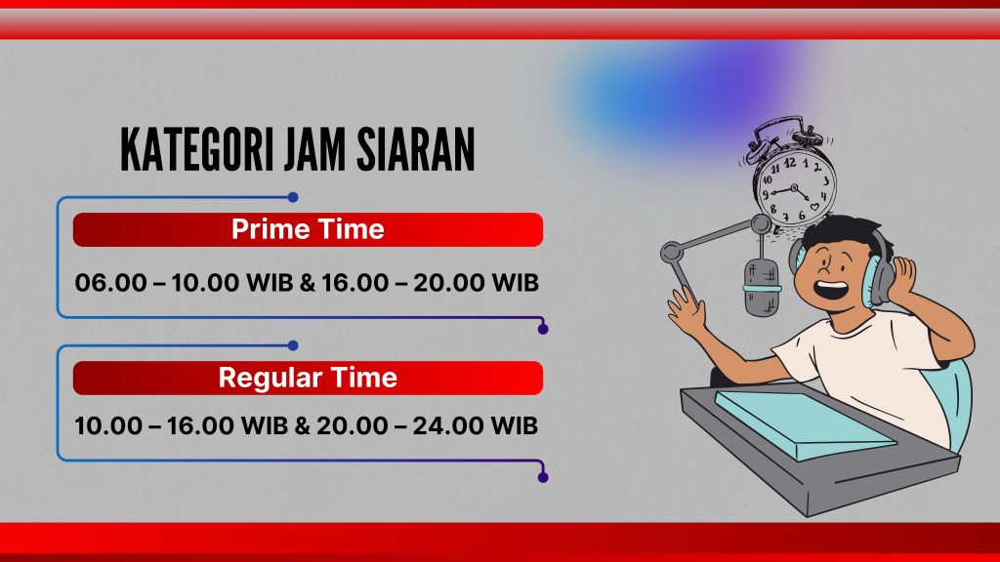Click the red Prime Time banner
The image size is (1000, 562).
click(308, 229)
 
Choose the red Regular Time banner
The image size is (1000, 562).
click(308, 378)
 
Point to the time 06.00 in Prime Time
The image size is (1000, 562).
click(111, 283)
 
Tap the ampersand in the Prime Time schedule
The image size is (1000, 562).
click(308, 283)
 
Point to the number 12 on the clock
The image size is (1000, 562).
click(789, 163)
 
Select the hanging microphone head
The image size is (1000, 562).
click(762, 288)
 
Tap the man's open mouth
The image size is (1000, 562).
click(831, 290)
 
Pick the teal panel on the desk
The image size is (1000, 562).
click(805, 423)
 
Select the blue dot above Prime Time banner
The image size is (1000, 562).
click(293, 197)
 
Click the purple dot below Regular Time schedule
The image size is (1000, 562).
click(543, 477)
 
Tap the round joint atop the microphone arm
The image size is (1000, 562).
click(761, 224)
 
